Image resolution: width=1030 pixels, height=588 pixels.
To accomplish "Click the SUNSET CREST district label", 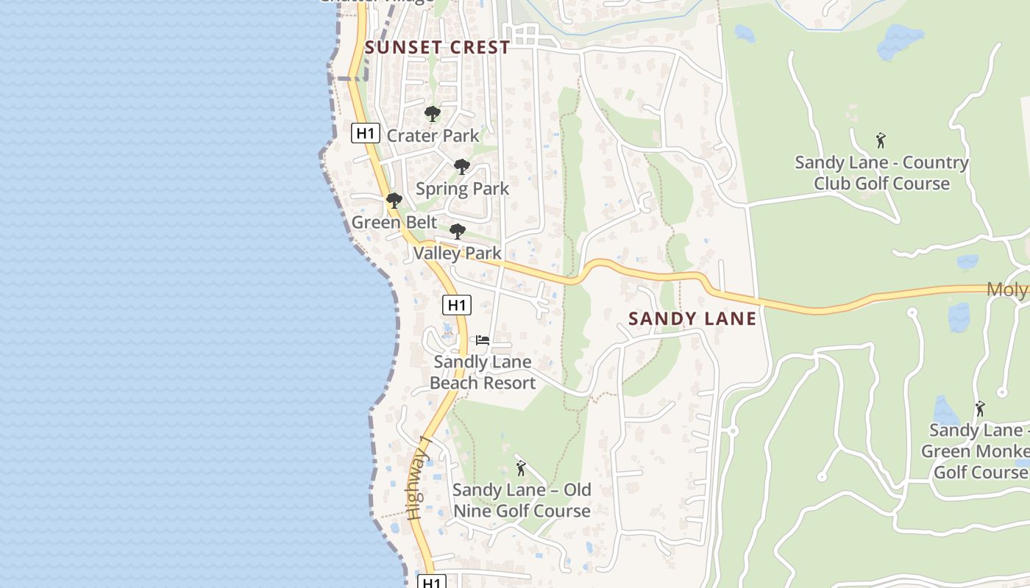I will pyautogui.click(x=437, y=48).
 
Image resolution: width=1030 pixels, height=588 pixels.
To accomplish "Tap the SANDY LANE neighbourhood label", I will pyautogui.click(x=692, y=318).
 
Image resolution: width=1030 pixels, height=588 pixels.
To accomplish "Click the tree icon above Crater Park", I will pyautogui.click(x=433, y=114).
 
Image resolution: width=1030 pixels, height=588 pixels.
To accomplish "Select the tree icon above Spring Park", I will pyautogui.click(x=461, y=167).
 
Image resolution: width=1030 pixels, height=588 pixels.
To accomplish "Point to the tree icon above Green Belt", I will pyautogui.click(x=394, y=200).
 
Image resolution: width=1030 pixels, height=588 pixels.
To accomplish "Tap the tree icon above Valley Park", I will pyautogui.click(x=457, y=232).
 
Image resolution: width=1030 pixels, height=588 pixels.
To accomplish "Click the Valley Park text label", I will pyautogui.click(x=457, y=254).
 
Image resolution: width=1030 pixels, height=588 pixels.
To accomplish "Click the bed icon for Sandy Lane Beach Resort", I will pyautogui.click(x=483, y=340).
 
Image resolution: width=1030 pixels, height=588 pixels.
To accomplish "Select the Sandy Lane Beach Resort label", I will pyautogui.click(x=483, y=372).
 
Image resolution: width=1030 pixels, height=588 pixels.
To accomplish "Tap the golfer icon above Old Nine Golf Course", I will pyautogui.click(x=521, y=467).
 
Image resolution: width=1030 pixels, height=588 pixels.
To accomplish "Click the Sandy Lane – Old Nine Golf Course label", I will pyautogui.click(x=522, y=500).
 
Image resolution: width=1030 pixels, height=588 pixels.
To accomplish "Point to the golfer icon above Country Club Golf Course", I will pyautogui.click(x=881, y=140).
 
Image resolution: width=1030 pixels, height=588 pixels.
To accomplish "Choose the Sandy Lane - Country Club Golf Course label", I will pyautogui.click(x=881, y=173).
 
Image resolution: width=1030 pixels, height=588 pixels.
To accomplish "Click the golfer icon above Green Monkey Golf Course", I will pyautogui.click(x=979, y=409).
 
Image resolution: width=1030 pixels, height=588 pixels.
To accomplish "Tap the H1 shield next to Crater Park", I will pyautogui.click(x=366, y=133).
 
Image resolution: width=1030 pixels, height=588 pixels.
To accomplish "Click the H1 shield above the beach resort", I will pyautogui.click(x=457, y=304).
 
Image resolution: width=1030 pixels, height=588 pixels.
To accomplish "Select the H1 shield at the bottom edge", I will pyautogui.click(x=432, y=581).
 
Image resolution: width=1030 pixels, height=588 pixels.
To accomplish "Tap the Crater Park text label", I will pyautogui.click(x=433, y=136).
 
